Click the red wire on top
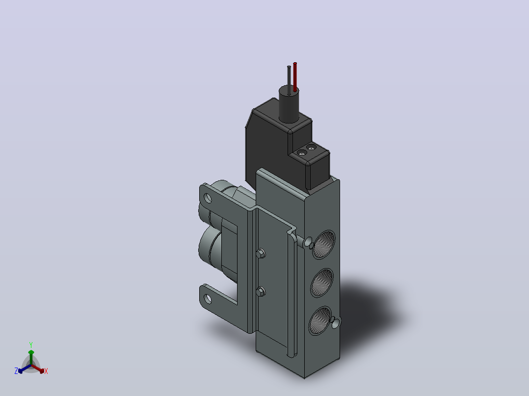295,77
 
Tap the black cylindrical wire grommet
289,104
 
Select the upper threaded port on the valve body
323,245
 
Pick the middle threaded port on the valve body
321,283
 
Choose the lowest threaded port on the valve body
320,321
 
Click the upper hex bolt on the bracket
261,253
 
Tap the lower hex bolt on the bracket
261,291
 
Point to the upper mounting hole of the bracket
208,198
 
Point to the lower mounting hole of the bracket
208,298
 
